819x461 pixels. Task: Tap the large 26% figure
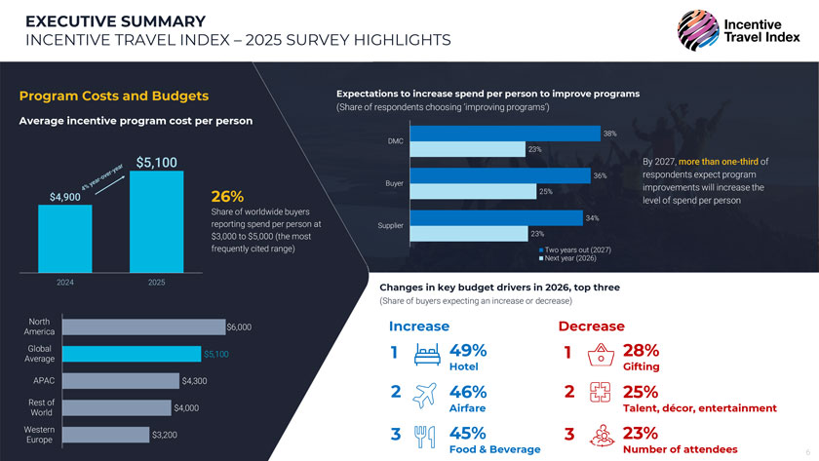click(x=227, y=197)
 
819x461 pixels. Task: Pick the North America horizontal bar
click(x=142, y=327)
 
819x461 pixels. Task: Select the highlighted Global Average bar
click(x=132, y=354)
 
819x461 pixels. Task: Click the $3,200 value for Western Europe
click(x=164, y=434)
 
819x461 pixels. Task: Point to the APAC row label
click(x=44, y=380)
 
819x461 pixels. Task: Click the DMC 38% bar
click(x=506, y=134)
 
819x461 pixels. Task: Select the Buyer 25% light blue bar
click(x=474, y=191)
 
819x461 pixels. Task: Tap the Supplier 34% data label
click(x=592, y=217)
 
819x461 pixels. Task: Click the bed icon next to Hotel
click(x=426, y=355)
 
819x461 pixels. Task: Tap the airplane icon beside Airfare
click(x=426, y=397)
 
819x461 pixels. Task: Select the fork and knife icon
click(x=425, y=438)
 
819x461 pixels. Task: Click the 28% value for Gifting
click(x=641, y=351)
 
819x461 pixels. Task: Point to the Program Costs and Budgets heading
click(x=114, y=96)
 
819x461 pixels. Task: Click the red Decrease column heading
click(x=591, y=326)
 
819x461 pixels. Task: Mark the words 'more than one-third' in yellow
click(x=720, y=161)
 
